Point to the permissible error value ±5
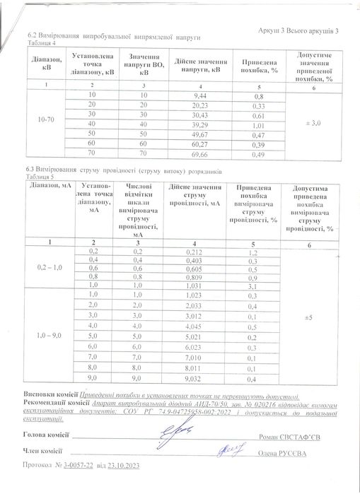click(x=310, y=316)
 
